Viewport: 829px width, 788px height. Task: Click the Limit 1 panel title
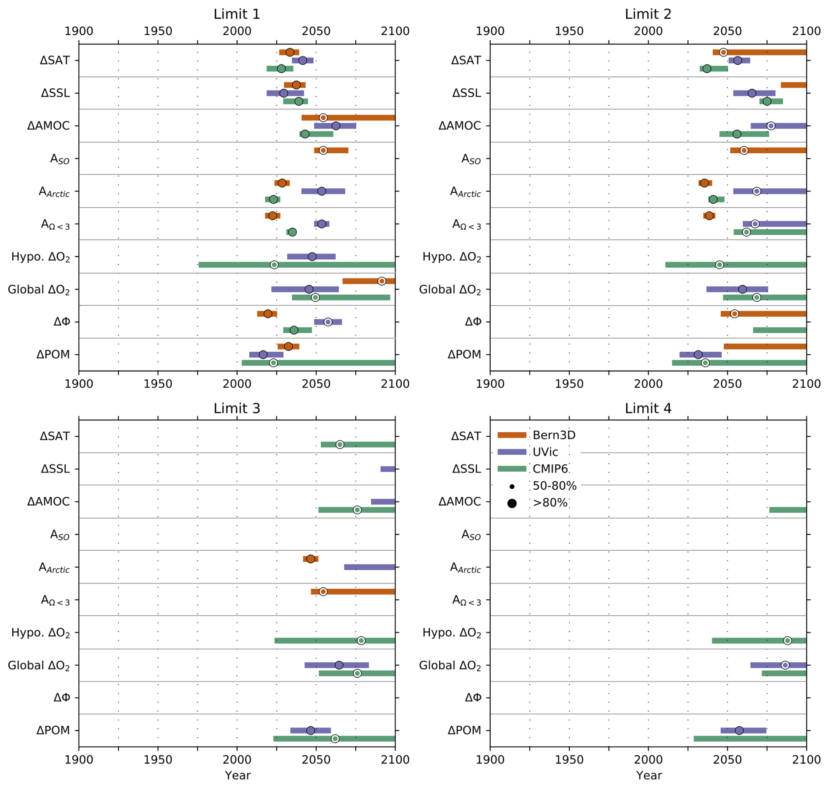[x=237, y=14]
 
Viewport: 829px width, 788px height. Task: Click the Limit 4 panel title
[x=648, y=408]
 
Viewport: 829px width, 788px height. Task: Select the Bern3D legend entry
[x=554, y=435]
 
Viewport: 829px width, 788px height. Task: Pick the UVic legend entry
[x=545, y=452]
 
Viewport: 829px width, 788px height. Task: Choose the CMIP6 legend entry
[x=550, y=469]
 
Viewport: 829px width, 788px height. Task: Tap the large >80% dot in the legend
[x=512, y=503]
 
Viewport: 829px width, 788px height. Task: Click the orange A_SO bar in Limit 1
[x=331, y=150]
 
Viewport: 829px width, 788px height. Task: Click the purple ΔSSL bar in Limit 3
[x=388, y=469]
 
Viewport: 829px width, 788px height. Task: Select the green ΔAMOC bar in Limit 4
[x=787, y=510]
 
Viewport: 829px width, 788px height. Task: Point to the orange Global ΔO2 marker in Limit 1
[x=382, y=281]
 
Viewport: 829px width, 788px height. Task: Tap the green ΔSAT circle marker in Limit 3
[x=340, y=445]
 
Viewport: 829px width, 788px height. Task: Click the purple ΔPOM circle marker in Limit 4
[x=739, y=730]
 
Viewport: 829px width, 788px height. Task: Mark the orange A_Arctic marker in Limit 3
[x=311, y=559]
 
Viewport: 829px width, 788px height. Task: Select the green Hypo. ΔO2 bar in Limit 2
[x=735, y=265]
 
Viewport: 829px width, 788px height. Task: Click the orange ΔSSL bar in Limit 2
[x=793, y=85]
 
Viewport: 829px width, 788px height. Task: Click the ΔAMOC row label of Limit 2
[x=460, y=126]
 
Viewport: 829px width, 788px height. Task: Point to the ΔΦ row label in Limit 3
[x=62, y=697]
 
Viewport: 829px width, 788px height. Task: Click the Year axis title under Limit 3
[x=237, y=775]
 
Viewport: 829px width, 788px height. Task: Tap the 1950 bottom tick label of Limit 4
[x=569, y=760]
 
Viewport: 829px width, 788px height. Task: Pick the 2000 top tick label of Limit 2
[x=648, y=31]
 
